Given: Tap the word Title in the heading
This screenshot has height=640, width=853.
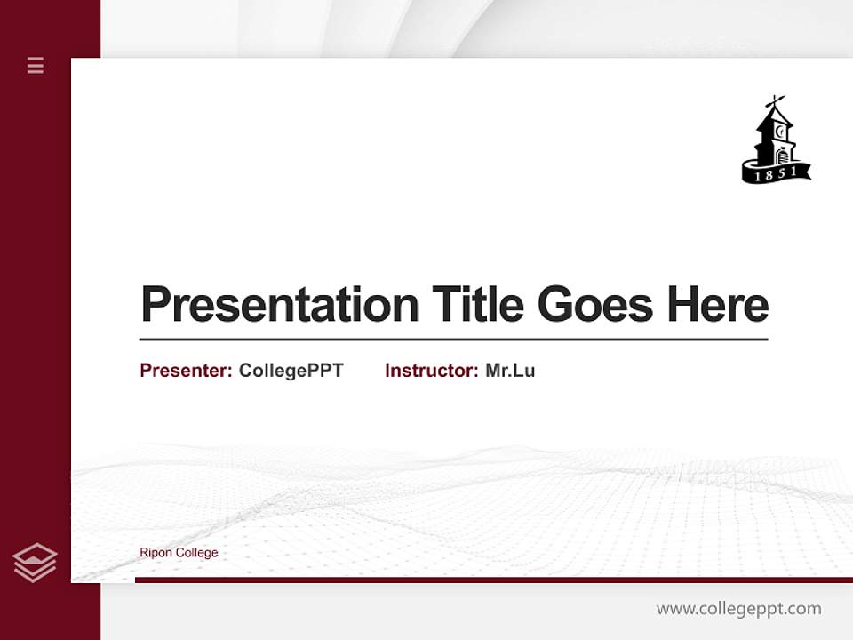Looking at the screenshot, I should click(x=477, y=305).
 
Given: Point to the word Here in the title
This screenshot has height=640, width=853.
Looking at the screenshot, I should click(x=718, y=305).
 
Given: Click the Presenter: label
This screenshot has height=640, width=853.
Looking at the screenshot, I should click(x=186, y=371).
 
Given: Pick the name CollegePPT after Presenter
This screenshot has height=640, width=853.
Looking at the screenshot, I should click(x=291, y=371).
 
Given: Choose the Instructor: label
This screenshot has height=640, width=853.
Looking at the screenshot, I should click(x=431, y=371).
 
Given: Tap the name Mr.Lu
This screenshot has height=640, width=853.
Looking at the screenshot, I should click(x=510, y=371).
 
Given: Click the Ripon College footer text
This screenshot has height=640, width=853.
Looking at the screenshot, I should click(x=179, y=553).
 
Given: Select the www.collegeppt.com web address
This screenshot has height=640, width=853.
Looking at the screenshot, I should click(x=738, y=609).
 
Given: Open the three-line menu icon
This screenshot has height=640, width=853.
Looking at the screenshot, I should click(x=36, y=65).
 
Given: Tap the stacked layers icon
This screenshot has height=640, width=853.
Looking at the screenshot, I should click(x=35, y=563).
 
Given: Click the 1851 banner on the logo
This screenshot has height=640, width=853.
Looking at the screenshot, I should click(x=776, y=172).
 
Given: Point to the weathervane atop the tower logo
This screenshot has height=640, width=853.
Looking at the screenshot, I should click(x=776, y=100).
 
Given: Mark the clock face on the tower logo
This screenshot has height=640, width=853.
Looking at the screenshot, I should click(x=779, y=132).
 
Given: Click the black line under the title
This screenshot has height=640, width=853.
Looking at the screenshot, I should click(x=453, y=340).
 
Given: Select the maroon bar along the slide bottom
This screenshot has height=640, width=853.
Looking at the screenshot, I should click(x=493, y=580).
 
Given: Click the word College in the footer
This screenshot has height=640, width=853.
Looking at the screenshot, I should click(x=197, y=553).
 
